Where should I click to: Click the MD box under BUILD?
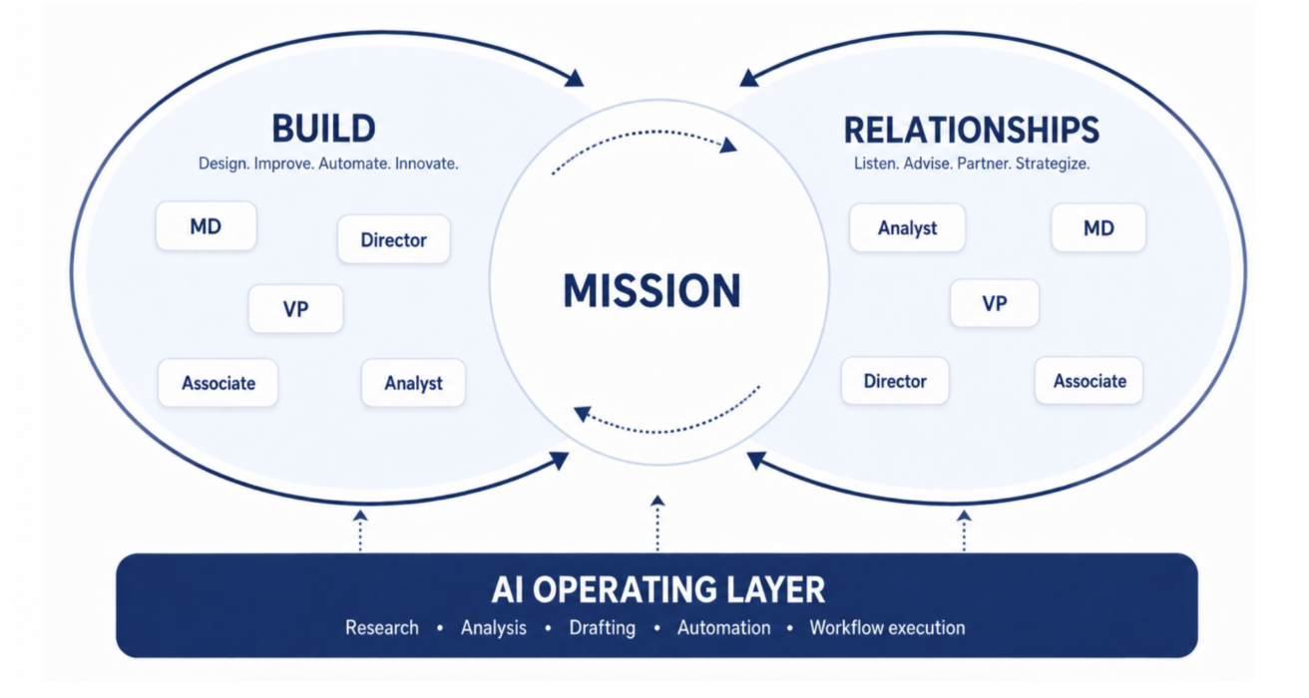[207, 226]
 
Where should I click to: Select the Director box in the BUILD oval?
[394, 239]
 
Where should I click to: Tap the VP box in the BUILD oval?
[295, 308]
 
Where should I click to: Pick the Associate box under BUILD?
[218, 383]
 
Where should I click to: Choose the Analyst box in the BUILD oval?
[414, 383]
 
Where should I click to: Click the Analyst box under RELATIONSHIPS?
[908, 227]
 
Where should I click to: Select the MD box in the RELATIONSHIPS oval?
[1098, 227]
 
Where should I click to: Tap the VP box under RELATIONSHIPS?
[995, 303]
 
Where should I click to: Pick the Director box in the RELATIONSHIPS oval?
[895, 381]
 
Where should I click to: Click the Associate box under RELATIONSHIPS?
[1090, 381]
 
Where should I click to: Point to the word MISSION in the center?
[653, 290]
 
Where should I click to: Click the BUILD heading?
[323, 129]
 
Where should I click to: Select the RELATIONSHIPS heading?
[972, 130]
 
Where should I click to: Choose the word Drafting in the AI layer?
[603, 627]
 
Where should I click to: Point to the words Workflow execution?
[887, 627]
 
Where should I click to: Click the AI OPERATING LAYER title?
[658, 589]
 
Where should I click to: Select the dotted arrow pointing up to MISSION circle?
[658, 523]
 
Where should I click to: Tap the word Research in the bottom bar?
[382, 627]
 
